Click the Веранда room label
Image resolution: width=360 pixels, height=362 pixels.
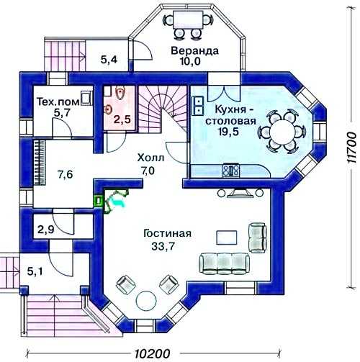point(194,51)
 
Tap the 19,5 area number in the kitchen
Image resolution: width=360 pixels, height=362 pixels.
point(228,132)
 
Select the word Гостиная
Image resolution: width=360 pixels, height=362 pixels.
point(167,233)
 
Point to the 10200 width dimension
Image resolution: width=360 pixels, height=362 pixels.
point(152,353)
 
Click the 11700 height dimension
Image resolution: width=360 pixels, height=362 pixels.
point(352,148)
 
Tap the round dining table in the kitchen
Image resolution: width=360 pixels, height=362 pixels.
point(282,132)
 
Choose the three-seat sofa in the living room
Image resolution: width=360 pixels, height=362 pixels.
point(224,263)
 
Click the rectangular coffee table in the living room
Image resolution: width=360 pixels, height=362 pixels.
point(227,237)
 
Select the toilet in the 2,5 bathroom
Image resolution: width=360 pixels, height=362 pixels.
point(120,93)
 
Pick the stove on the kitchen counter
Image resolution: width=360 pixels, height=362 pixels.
point(231,170)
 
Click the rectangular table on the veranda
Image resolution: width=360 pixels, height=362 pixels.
point(188,19)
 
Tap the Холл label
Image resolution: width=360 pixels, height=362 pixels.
point(150,158)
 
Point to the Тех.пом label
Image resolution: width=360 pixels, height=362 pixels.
point(58,101)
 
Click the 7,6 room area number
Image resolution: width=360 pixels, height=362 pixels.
point(66,174)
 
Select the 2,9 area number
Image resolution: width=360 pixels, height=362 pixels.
point(46,230)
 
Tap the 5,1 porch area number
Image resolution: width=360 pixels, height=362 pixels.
point(35,271)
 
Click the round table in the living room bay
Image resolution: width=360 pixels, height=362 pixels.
point(145,300)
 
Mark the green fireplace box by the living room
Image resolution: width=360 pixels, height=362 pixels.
point(99,201)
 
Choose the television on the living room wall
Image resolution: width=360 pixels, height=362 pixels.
point(240,193)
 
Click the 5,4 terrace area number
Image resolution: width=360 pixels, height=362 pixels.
point(109,59)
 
